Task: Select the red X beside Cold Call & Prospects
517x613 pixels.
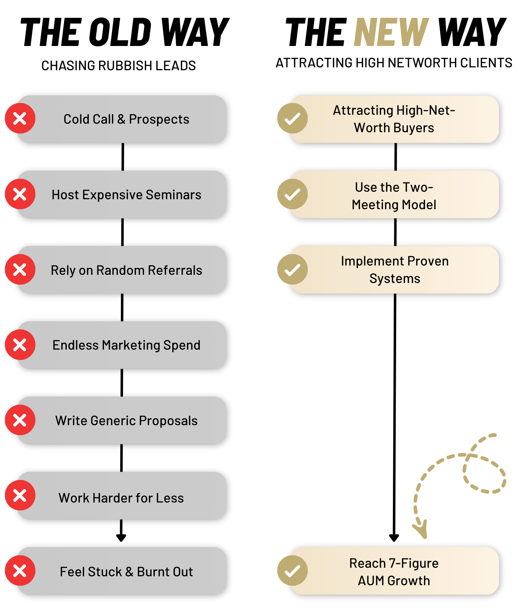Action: (20, 118)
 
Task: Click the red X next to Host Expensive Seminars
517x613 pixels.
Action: (20, 194)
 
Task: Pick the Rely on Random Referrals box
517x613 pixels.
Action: (126, 270)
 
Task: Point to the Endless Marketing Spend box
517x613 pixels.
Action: (126, 345)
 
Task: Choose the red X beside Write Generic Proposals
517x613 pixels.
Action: (20, 420)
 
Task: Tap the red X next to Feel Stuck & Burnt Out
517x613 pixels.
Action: (20, 570)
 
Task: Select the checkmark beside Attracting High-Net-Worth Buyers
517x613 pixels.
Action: (292, 118)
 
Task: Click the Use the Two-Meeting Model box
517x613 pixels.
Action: (394, 195)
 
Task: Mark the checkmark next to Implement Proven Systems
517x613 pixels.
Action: (292, 269)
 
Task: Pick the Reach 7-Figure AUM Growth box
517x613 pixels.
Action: (394, 571)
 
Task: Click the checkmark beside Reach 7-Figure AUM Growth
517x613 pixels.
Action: (292, 570)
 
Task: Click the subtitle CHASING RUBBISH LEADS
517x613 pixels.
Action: (118, 66)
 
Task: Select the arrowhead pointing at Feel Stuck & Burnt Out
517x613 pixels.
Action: (121, 537)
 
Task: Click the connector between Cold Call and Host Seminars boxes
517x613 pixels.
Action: (123, 157)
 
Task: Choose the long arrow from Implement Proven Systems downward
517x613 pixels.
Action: (395, 413)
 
